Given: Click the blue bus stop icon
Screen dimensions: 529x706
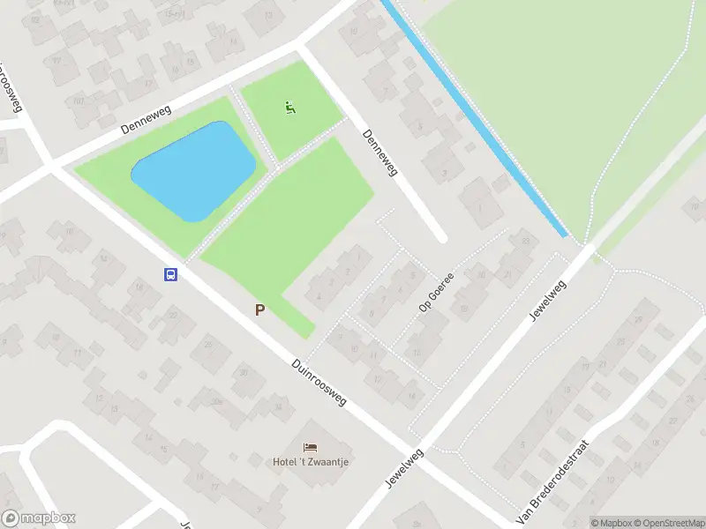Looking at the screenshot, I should (171, 274).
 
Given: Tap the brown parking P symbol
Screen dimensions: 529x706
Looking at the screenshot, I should (259, 309).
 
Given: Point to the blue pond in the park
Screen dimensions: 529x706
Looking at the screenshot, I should (193, 171).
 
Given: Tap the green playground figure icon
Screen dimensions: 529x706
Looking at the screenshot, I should (290, 108).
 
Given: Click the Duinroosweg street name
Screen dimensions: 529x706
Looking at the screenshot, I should (319, 381).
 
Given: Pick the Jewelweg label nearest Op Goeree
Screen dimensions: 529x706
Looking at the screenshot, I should (547, 301).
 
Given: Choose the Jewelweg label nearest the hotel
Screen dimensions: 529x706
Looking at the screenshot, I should (405, 468).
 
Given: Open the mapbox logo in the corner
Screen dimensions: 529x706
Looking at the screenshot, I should (39, 518).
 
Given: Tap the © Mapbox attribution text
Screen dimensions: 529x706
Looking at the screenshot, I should (610, 523).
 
